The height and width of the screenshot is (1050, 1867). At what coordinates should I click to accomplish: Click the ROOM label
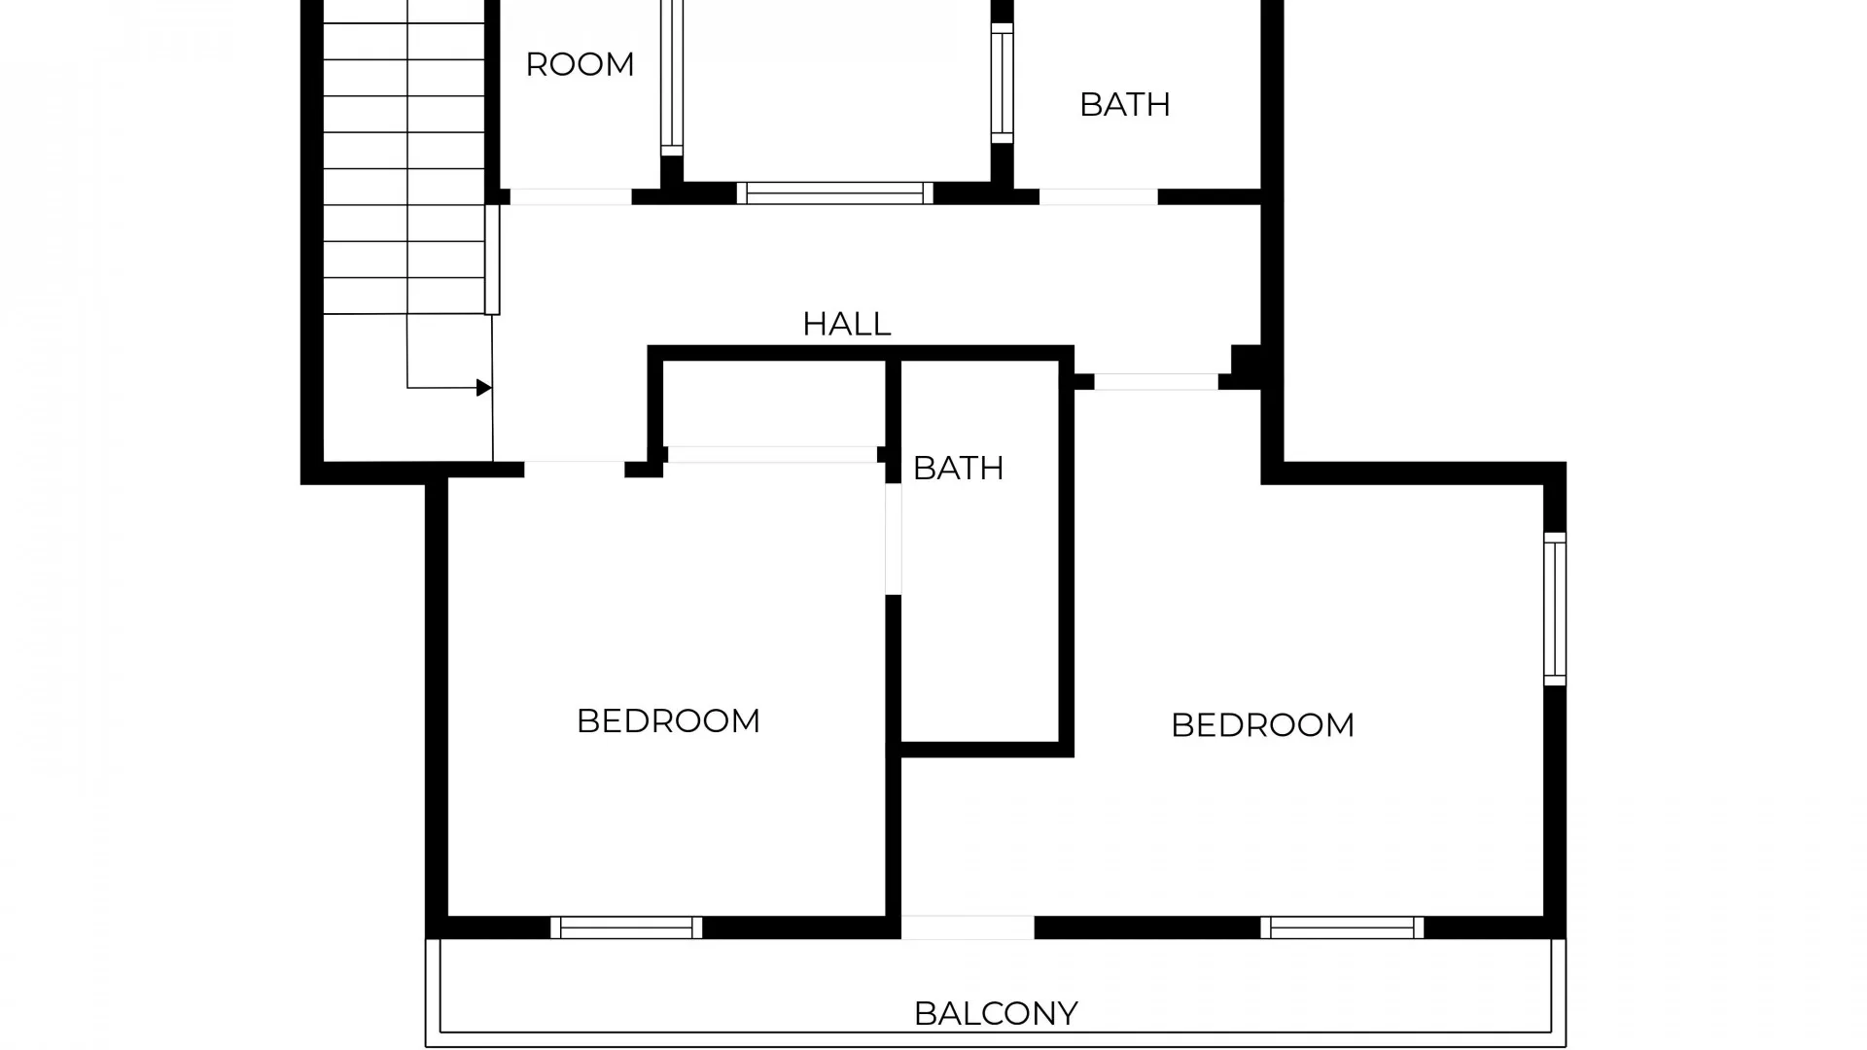[580, 65]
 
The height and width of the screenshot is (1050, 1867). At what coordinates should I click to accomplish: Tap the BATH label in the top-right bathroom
[1125, 105]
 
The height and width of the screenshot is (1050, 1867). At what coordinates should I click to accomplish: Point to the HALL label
[846, 324]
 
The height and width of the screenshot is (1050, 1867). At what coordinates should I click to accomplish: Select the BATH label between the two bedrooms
[958, 469]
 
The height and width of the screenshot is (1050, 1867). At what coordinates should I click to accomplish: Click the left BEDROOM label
[668, 721]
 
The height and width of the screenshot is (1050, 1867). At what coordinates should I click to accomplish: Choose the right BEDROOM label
[1262, 725]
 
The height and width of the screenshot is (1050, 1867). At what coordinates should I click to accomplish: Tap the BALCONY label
[996, 1014]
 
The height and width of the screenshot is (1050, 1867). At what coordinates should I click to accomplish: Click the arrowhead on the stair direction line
[483, 388]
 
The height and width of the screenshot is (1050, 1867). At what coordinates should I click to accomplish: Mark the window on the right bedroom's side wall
[1555, 609]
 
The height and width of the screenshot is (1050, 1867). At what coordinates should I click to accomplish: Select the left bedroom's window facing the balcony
[626, 927]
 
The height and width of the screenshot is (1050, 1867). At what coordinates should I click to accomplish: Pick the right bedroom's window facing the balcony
[1342, 927]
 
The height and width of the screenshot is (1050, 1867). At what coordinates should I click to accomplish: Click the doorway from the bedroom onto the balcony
[968, 927]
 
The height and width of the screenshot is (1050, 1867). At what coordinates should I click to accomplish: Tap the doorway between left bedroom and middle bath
[893, 540]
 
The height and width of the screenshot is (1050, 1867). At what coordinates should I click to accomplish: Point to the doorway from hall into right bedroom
[1156, 382]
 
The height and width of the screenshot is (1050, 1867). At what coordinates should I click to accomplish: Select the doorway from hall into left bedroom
[574, 470]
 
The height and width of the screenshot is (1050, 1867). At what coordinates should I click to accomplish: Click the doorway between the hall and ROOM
[571, 196]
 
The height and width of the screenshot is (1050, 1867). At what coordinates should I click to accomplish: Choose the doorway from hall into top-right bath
[1099, 196]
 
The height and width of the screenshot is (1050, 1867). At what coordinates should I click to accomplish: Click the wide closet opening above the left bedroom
[772, 454]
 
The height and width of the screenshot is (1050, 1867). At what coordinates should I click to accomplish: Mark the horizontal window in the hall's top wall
[834, 192]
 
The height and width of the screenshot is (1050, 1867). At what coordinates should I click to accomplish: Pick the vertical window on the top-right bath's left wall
[1002, 83]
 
